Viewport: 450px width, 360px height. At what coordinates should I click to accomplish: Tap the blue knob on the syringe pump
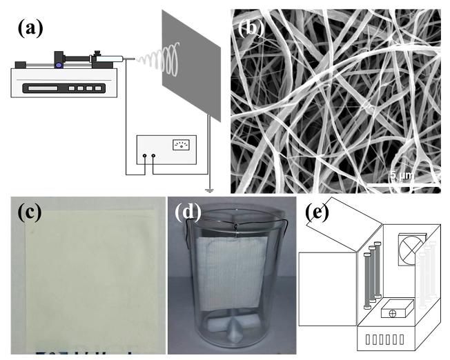(x=60, y=66)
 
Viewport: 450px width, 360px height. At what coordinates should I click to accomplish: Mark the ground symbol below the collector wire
(x=208, y=186)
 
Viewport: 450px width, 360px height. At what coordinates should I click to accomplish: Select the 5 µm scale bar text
(x=402, y=176)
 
